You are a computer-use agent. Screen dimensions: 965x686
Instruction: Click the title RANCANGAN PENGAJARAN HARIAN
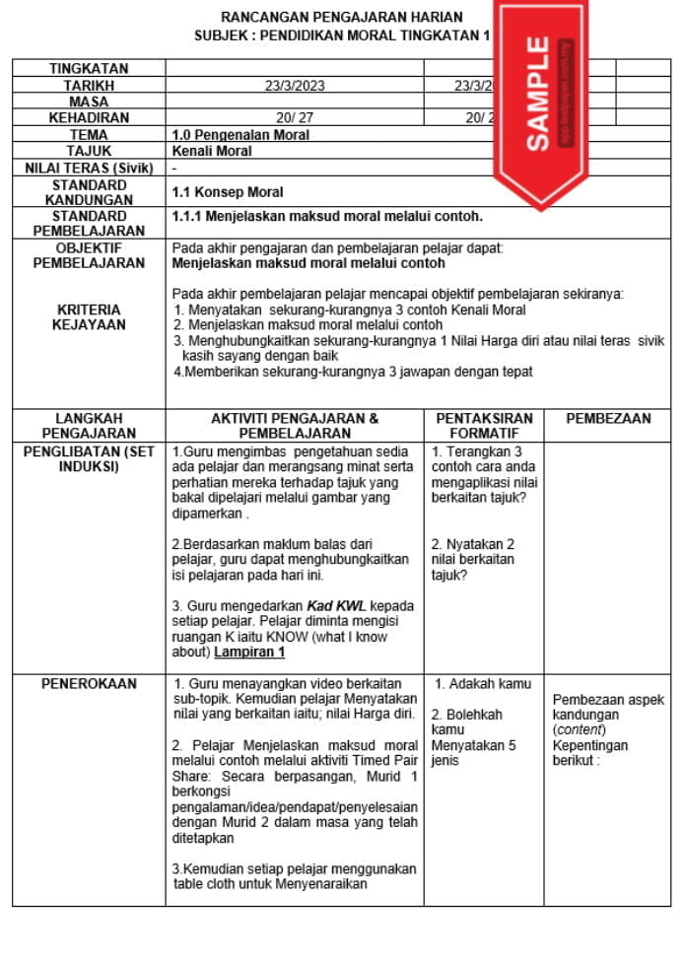pyautogui.click(x=341, y=18)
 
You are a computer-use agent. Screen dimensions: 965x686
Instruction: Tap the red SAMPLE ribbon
pyautogui.click(x=538, y=94)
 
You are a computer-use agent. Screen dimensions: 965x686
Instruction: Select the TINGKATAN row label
pyautogui.click(x=89, y=68)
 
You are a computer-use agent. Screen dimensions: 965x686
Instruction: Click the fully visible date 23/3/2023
pyautogui.click(x=295, y=86)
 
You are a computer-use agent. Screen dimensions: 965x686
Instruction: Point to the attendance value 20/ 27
pyautogui.click(x=295, y=117)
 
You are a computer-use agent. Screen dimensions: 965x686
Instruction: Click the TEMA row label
pyautogui.click(x=89, y=134)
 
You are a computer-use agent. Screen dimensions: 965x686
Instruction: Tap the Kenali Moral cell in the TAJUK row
pyautogui.click(x=212, y=151)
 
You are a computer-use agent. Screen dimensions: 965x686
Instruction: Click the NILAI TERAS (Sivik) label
pyautogui.click(x=89, y=168)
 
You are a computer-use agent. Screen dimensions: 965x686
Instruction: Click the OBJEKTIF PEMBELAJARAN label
pyautogui.click(x=89, y=255)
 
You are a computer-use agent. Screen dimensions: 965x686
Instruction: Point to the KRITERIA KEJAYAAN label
pyautogui.click(x=89, y=316)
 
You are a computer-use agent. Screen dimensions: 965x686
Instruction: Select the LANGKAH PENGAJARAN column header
pyautogui.click(x=89, y=425)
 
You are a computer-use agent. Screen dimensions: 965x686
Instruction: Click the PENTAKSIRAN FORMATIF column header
pyautogui.click(x=483, y=425)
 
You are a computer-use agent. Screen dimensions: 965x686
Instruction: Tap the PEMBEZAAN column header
pyautogui.click(x=608, y=418)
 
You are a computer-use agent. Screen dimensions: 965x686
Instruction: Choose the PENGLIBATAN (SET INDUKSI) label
pyautogui.click(x=89, y=458)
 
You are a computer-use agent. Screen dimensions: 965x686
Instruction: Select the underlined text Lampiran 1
pyautogui.click(x=249, y=652)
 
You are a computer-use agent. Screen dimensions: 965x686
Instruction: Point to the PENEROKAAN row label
pyautogui.click(x=89, y=683)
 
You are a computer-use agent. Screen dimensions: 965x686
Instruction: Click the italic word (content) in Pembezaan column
pyautogui.click(x=579, y=729)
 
